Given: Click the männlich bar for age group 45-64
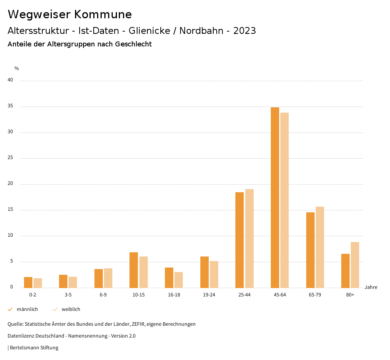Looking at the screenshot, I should (275, 198).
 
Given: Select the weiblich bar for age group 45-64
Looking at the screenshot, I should (285, 200).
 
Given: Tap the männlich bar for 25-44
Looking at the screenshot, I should (240, 240).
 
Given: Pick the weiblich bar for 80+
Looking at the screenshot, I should (355, 265).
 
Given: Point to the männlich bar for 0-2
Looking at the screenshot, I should (28, 282).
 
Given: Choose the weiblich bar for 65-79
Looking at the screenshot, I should (320, 247).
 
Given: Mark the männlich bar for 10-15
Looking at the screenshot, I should (134, 270).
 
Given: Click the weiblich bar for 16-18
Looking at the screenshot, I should (179, 280).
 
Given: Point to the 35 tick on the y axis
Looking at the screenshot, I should (10, 106).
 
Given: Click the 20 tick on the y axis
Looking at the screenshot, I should (10, 184).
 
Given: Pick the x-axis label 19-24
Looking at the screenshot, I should (209, 295).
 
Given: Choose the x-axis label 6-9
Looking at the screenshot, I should (103, 295).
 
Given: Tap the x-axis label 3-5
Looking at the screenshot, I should (68, 295).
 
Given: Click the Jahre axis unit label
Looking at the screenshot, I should (371, 287).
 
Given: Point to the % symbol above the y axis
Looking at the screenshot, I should (17, 68).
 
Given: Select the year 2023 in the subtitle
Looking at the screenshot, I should (245, 31).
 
